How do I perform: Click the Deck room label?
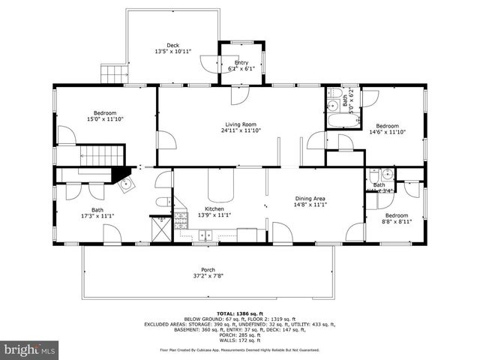172,44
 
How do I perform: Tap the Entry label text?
241,62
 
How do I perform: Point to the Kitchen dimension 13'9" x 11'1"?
215,215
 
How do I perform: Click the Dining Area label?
310,199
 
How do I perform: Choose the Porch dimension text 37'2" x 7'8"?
208,276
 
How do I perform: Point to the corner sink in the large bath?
124,183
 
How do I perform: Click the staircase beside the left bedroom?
100,157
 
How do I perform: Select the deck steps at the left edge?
111,73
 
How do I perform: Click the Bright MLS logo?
30,349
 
